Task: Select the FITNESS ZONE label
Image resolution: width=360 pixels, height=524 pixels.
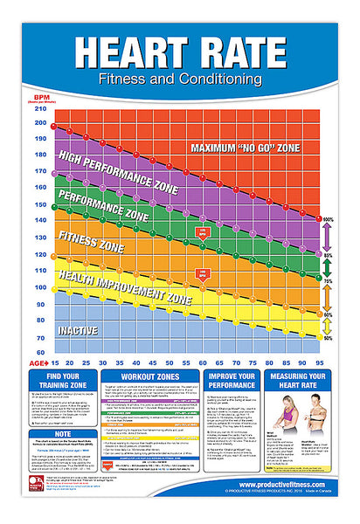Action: coord(91,236)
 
